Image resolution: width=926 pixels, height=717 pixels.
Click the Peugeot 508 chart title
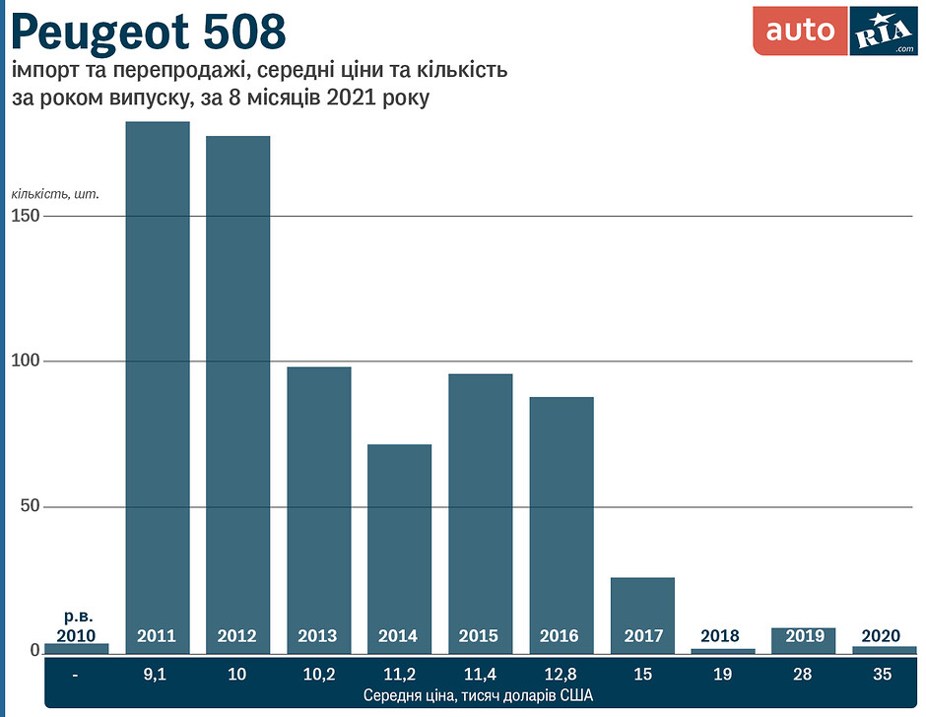click(x=149, y=33)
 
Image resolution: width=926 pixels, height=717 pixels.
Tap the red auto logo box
click(x=800, y=32)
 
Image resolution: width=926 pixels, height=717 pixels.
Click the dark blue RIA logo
click(x=883, y=33)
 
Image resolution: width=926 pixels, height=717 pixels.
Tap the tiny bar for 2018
click(x=723, y=650)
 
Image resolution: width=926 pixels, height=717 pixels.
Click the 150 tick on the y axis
click(x=27, y=216)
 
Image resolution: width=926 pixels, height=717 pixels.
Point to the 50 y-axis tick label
click(x=31, y=506)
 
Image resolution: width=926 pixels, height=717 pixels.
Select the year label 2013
click(x=318, y=636)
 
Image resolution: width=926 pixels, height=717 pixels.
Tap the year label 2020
click(x=881, y=636)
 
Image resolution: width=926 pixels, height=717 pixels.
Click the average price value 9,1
click(x=157, y=675)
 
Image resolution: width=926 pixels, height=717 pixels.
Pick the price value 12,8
click(x=562, y=675)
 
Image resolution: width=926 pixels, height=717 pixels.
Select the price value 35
click(x=882, y=675)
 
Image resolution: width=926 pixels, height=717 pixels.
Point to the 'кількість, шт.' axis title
click(x=56, y=192)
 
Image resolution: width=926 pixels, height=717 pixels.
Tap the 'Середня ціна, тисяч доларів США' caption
click(x=478, y=695)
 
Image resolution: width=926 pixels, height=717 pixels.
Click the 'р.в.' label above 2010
click(x=77, y=617)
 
